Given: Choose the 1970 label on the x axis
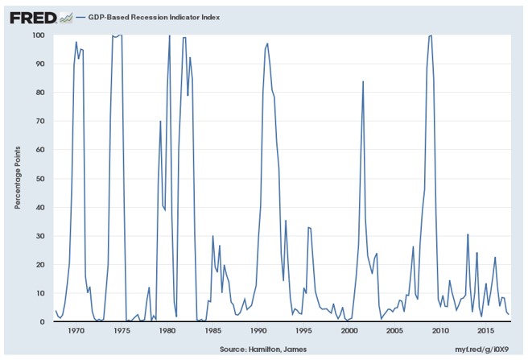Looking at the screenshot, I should coord(76,332).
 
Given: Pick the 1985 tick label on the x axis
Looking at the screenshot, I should coord(212,332).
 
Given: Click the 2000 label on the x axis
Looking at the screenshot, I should coord(349,332).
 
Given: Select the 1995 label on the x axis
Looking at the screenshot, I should coord(303,332).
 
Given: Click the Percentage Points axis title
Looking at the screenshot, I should coord(17,179).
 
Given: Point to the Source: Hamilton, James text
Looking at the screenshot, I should coord(262,350).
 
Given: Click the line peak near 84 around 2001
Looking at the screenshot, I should coord(363,81).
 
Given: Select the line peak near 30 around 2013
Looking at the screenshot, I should coord(468,234).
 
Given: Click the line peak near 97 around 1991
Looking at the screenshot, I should coord(267,43).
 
